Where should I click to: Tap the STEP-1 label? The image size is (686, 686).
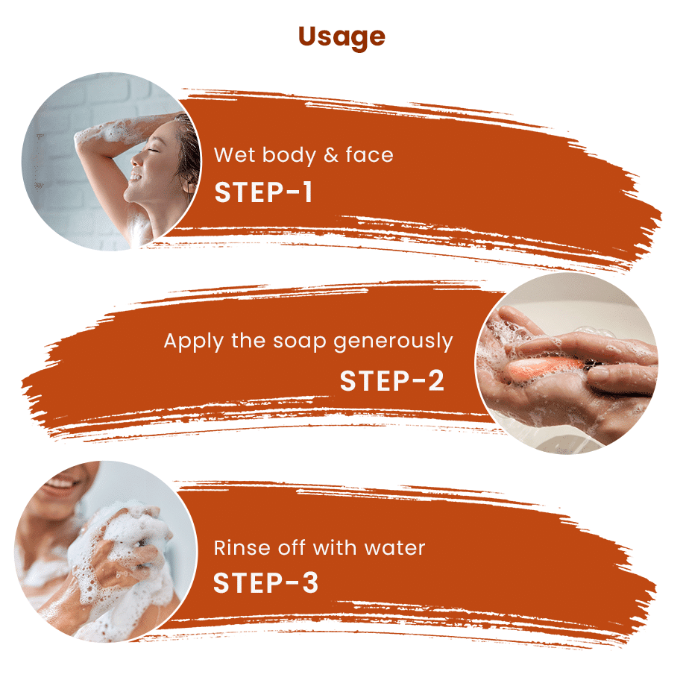(263, 192)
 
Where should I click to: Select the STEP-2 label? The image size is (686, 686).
(392, 380)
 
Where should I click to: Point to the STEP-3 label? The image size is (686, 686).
(265, 582)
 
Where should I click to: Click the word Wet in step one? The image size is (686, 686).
(234, 155)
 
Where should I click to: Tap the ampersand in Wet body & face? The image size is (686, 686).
(331, 155)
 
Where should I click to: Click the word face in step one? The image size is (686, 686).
(369, 155)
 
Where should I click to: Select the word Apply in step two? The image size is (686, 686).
(194, 342)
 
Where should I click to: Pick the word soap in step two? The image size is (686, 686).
(300, 342)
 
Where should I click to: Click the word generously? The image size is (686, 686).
(393, 342)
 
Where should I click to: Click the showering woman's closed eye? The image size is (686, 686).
(153, 151)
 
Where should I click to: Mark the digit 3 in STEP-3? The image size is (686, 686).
(310, 582)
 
